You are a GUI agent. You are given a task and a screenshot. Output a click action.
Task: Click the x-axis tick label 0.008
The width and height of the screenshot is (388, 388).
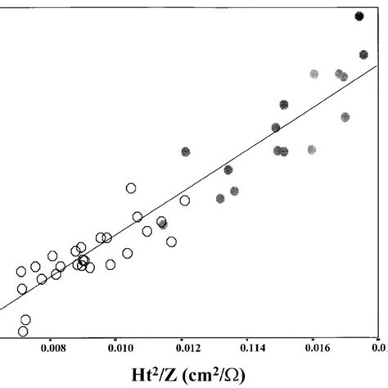65,347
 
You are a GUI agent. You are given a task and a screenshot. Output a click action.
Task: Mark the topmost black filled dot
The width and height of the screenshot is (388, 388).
359,16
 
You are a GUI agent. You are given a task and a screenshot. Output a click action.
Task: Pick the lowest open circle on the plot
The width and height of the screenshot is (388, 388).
23,332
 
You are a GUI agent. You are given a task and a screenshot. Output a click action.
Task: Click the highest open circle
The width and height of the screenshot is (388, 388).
131,188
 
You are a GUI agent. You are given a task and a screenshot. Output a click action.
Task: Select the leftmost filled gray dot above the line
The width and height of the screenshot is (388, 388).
186,151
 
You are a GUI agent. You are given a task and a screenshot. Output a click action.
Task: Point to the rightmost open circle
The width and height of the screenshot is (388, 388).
185,201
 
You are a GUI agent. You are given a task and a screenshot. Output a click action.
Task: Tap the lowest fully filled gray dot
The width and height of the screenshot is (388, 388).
220,199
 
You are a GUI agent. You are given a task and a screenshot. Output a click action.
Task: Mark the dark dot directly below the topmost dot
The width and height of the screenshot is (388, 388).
363,55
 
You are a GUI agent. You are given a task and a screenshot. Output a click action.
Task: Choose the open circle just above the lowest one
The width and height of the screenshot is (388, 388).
25,320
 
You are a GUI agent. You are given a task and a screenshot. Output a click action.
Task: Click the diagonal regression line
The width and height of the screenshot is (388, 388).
246,155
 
